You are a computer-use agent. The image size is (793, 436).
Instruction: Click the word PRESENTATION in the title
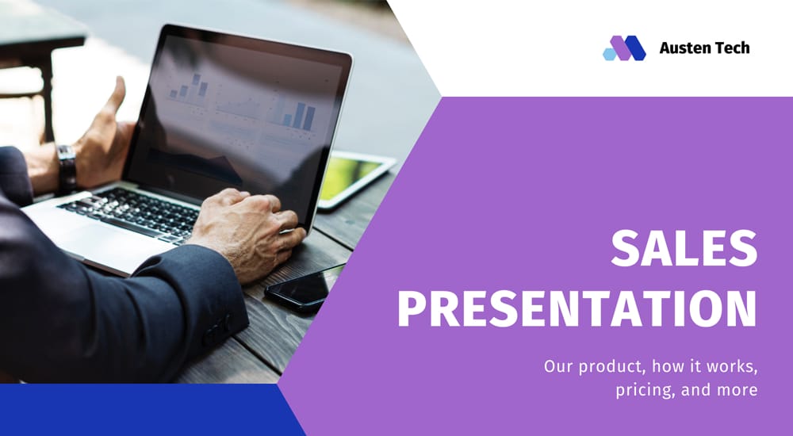click(x=577, y=309)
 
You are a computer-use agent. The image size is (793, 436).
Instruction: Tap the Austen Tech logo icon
click(x=624, y=48)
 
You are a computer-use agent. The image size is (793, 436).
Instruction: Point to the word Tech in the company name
click(x=732, y=48)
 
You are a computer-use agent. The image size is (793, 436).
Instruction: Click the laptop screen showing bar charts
click(x=238, y=119)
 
